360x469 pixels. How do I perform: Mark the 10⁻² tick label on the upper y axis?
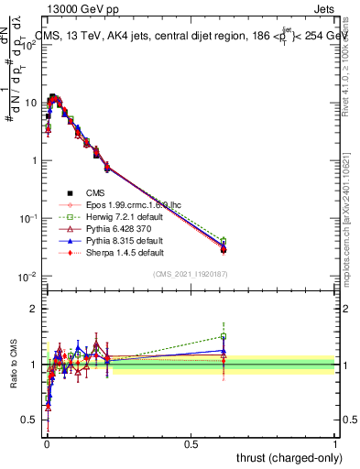[29, 276]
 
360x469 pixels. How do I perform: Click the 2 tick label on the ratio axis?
[35, 309]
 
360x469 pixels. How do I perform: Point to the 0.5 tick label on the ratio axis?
[29, 420]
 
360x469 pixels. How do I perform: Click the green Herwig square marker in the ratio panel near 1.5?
[224, 336]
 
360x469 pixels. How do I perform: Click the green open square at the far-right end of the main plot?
[224, 241]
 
